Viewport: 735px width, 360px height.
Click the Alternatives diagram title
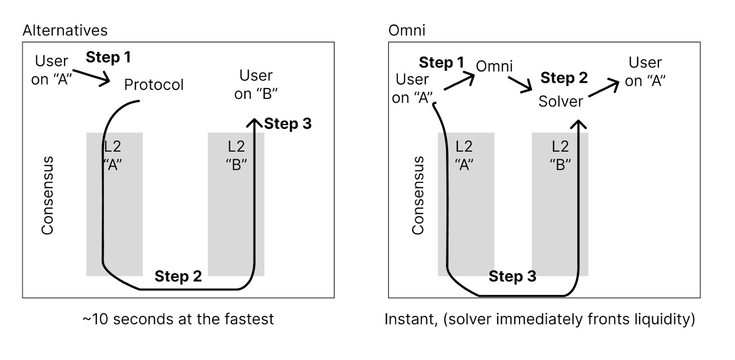pos(65,30)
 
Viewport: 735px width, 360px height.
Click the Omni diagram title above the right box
pos(407,30)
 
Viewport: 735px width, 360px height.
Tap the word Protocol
pos(154,85)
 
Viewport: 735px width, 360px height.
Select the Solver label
pos(560,101)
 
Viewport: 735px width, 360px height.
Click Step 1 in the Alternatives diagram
pos(108,57)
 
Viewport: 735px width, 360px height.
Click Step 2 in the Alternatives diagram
pos(178,276)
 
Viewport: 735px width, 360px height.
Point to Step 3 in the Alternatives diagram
pos(288,124)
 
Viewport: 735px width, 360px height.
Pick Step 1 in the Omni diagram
pos(441,62)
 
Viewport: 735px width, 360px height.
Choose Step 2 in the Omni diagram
pos(564,78)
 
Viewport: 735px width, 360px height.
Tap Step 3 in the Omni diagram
pos(512,276)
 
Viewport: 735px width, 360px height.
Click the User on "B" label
pos(256,84)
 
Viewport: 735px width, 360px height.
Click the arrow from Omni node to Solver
pos(520,84)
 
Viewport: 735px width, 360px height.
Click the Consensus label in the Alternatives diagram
pos(48,196)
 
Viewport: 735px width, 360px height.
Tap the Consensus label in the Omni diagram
pos(418,196)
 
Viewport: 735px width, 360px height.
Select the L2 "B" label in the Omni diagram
pos(560,155)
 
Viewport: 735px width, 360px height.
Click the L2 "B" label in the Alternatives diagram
pos(237,155)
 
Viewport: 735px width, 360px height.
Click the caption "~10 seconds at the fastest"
pos(178,319)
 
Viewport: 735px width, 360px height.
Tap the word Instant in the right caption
pos(411,319)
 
